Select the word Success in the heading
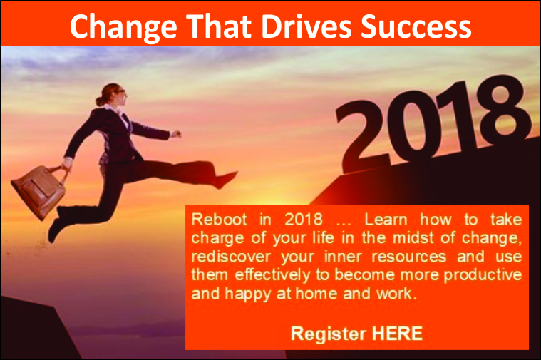(x=416, y=26)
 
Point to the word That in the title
(x=219, y=26)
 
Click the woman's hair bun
(x=100, y=101)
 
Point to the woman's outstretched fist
(x=176, y=134)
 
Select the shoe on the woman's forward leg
(x=226, y=180)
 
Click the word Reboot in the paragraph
(x=219, y=220)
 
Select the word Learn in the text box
(x=386, y=220)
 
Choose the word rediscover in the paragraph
(x=231, y=257)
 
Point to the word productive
(x=483, y=276)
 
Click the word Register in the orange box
(x=329, y=334)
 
